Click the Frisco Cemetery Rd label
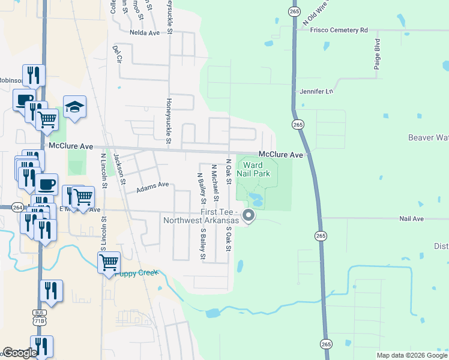[339, 29]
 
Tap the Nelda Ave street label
[145, 32]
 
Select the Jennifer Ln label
[316, 92]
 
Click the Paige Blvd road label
[378, 55]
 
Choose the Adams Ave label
[152, 188]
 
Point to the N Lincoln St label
[104, 173]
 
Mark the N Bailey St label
[200, 187]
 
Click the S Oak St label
[228, 238]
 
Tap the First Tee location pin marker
[247, 215]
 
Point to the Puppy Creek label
[140, 273]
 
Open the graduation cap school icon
[74, 107]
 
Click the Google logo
[20, 353]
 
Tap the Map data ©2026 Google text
[411, 355]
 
